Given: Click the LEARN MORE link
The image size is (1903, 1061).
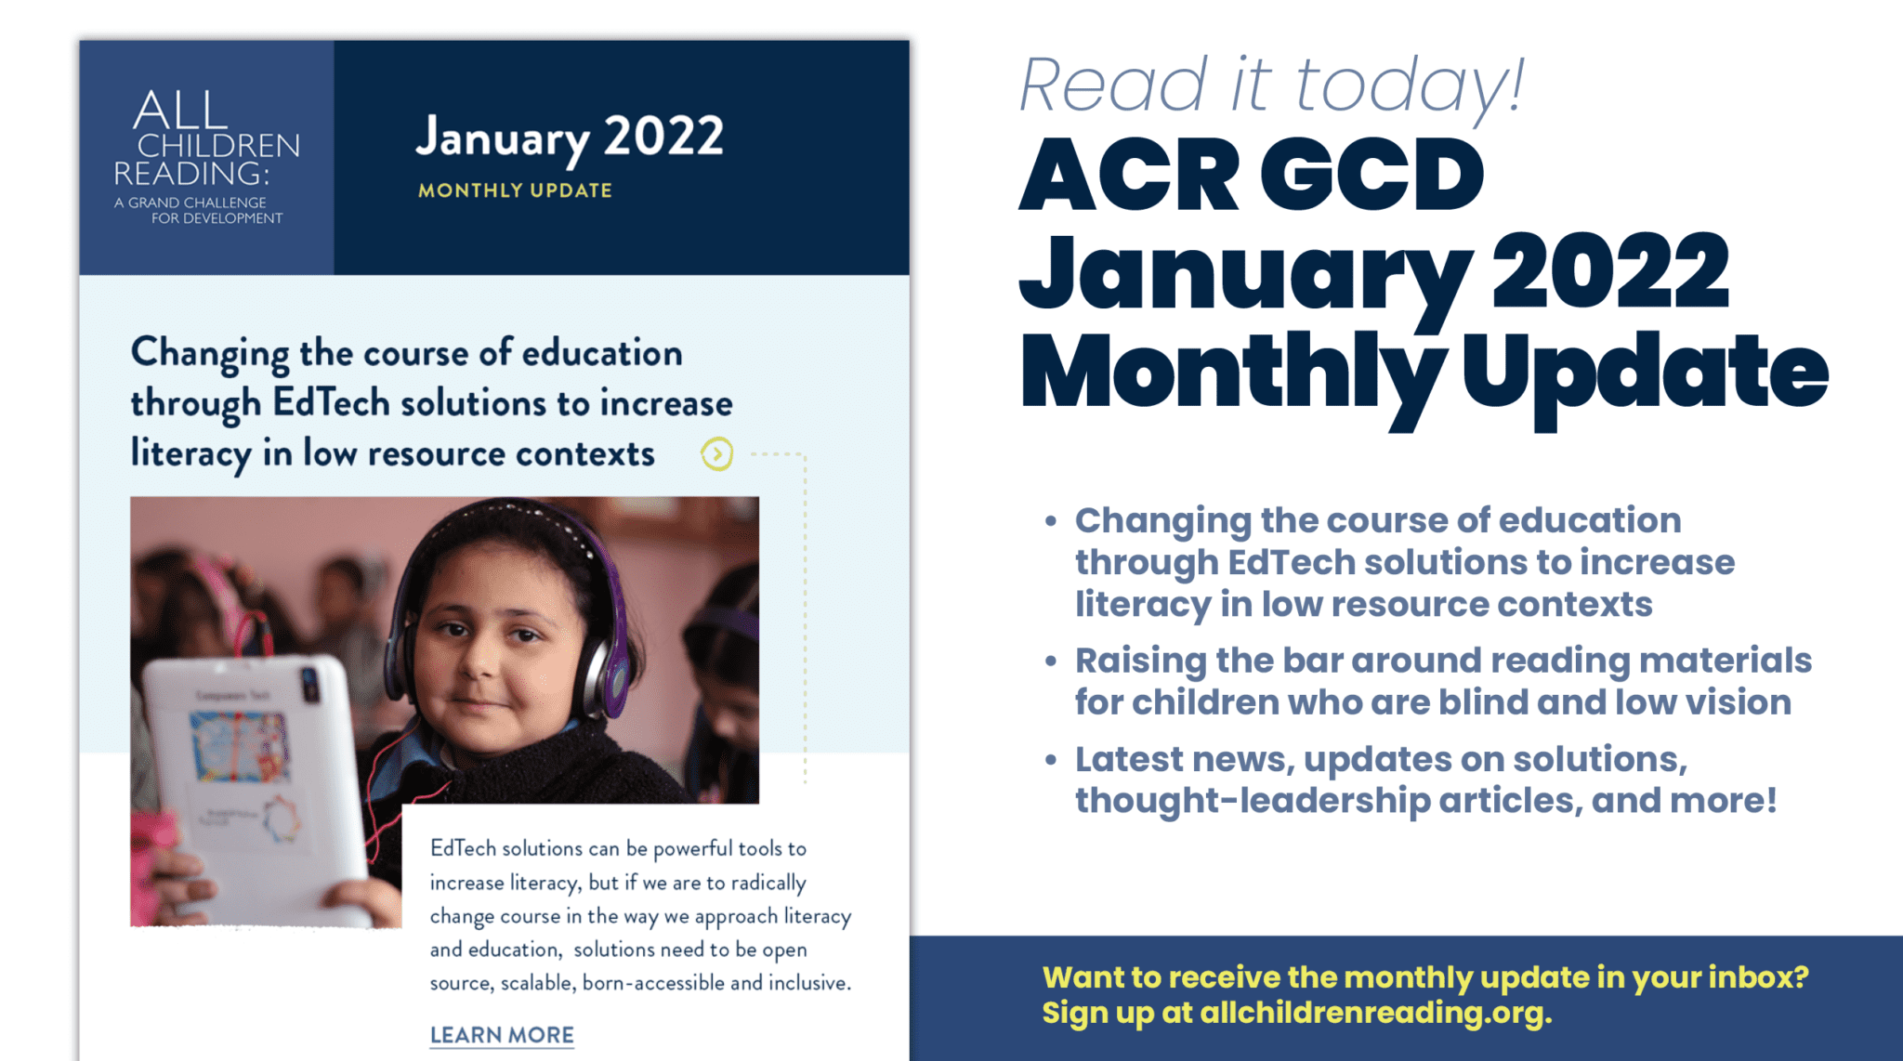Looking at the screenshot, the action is (502, 1035).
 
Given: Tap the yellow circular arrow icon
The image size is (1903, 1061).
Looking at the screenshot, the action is (716, 454).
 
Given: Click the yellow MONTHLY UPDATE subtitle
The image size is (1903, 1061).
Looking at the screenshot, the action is (515, 190).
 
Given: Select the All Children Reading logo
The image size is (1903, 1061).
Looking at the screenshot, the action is (206, 157).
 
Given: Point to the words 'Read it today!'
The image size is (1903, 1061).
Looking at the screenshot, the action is (1271, 85).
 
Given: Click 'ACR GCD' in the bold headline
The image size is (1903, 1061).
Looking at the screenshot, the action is (1251, 175).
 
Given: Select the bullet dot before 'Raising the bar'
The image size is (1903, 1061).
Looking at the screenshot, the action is (1050, 661).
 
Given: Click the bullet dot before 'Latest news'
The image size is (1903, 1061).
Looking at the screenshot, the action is (1050, 760).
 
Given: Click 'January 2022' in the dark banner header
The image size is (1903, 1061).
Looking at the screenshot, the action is (569, 138).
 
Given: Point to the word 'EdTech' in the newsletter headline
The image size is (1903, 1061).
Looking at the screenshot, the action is (331, 403).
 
